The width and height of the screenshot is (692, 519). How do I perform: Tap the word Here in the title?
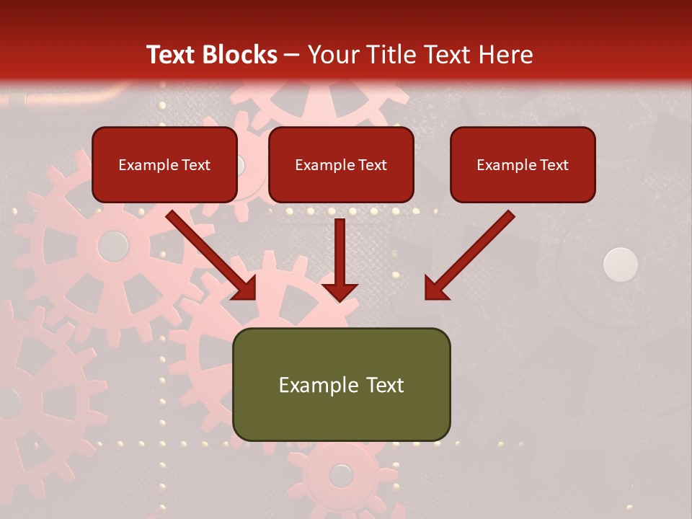click(507, 55)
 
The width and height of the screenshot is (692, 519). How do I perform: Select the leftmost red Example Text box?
click(164, 164)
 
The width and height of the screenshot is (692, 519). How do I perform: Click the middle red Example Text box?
click(341, 164)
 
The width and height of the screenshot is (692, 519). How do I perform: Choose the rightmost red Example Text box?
click(523, 164)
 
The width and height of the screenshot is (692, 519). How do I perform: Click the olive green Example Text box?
click(341, 384)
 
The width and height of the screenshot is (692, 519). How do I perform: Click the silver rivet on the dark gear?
click(621, 264)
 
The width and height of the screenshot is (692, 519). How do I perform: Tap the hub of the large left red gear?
click(112, 247)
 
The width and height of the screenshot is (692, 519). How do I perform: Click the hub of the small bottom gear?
click(341, 475)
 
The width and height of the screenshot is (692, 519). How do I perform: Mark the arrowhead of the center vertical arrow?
click(340, 291)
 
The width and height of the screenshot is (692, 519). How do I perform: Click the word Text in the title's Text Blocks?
click(172, 55)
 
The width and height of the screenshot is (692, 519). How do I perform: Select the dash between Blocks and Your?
click(292, 56)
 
